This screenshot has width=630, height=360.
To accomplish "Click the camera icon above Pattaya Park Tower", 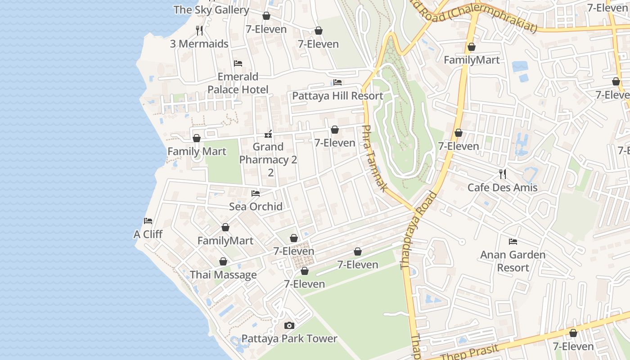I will (x=289, y=325).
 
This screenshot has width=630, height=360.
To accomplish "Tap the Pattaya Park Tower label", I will (x=289, y=339).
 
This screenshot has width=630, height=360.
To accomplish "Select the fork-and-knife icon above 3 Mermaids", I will (x=199, y=31).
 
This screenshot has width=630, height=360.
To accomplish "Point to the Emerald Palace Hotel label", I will (x=238, y=83).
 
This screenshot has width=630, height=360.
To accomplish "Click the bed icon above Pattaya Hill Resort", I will (x=337, y=82).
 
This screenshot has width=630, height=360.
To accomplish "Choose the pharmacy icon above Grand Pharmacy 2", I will (x=268, y=134).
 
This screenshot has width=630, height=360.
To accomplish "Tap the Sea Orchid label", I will (x=256, y=207).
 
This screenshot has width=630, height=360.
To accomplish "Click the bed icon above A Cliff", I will (x=148, y=221).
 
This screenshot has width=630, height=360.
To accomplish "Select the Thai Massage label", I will (x=223, y=275).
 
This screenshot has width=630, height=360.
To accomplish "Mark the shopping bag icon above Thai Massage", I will (x=223, y=261).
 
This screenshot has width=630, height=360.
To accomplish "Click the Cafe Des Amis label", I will (x=502, y=188).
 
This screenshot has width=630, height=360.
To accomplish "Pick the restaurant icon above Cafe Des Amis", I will (x=503, y=174).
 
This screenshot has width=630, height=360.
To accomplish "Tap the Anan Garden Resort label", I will (x=513, y=261).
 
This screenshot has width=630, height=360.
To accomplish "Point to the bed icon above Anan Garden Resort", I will (x=513, y=242).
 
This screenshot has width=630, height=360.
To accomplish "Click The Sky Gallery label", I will (x=211, y=9).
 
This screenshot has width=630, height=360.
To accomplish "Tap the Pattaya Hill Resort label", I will (x=337, y=96).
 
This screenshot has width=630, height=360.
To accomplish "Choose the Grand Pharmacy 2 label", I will (x=268, y=159).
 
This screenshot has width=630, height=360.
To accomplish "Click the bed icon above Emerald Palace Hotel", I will (x=238, y=63).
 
